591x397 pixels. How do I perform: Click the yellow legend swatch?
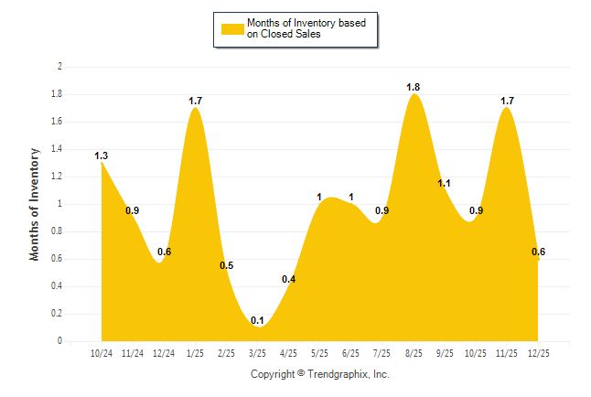(x=232, y=28)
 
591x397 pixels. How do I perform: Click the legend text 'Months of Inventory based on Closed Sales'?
(x=299, y=28)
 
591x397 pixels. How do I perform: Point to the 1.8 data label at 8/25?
(x=414, y=87)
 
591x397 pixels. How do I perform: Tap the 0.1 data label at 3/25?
(x=257, y=320)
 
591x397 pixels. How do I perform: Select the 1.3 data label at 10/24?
(x=102, y=156)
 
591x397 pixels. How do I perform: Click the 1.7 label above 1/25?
(x=195, y=100)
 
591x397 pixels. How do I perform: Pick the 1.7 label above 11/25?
(x=507, y=100)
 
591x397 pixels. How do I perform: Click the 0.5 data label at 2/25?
(x=227, y=265)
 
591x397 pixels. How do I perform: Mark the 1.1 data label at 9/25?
(x=445, y=183)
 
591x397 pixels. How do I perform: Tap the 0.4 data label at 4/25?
(x=288, y=279)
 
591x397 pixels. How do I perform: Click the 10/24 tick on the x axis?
(x=102, y=352)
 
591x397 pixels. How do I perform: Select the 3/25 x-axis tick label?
(x=257, y=352)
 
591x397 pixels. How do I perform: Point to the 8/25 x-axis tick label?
(x=414, y=352)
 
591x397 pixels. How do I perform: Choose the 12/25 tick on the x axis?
(x=538, y=352)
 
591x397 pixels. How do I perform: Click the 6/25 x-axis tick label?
(x=351, y=352)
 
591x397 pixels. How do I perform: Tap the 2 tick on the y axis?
(x=59, y=67)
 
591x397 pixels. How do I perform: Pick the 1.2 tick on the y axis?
(x=57, y=177)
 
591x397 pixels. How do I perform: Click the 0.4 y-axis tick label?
(x=57, y=286)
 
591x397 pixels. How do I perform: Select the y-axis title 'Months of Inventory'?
(x=35, y=204)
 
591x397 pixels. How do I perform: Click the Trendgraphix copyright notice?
(x=320, y=374)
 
